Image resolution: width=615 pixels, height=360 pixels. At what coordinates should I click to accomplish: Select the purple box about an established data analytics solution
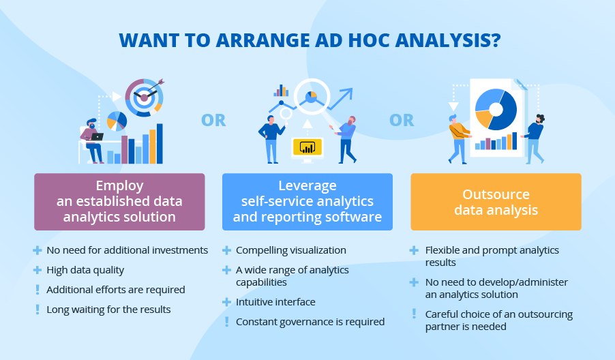(x=119, y=201)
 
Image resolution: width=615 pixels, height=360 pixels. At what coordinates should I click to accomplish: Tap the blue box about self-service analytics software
(x=307, y=201)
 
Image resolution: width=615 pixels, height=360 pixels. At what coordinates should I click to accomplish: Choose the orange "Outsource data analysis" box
(x=496, y=202)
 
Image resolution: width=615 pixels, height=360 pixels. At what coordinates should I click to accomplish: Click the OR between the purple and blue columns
(x=213, y=121)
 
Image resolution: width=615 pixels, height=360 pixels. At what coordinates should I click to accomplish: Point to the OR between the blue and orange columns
(x=402, y=121)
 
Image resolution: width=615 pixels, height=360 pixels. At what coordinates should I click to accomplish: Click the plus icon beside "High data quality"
(x=37, y=270)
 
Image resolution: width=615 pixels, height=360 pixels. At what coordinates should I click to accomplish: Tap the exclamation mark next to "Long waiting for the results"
(x=37, y=310)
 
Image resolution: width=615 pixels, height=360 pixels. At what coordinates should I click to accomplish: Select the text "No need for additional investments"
(x=127, y=250)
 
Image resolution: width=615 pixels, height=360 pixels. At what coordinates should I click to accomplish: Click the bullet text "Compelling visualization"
(x=290, y=250)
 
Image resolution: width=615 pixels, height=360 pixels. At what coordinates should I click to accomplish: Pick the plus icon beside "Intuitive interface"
(x=226, y=301)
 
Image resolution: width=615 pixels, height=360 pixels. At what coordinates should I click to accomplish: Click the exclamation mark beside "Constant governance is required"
(x=226, y=321)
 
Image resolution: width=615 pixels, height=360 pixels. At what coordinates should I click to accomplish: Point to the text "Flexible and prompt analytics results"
(x=492, y=256)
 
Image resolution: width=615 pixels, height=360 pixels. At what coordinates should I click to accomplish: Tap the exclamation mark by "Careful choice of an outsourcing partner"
(x=414, y=314)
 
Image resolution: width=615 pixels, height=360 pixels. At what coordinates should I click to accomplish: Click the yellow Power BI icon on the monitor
(x=307, y=147)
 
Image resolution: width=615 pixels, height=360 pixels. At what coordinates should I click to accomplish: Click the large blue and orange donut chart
(x=496, y=109)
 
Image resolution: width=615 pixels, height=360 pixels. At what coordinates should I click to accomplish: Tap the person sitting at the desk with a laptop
(x=93, y=139)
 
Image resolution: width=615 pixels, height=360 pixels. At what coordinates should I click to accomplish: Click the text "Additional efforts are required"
(x=115, y=290)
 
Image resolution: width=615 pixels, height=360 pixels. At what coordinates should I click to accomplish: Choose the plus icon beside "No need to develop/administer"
(x=414, y=282)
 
